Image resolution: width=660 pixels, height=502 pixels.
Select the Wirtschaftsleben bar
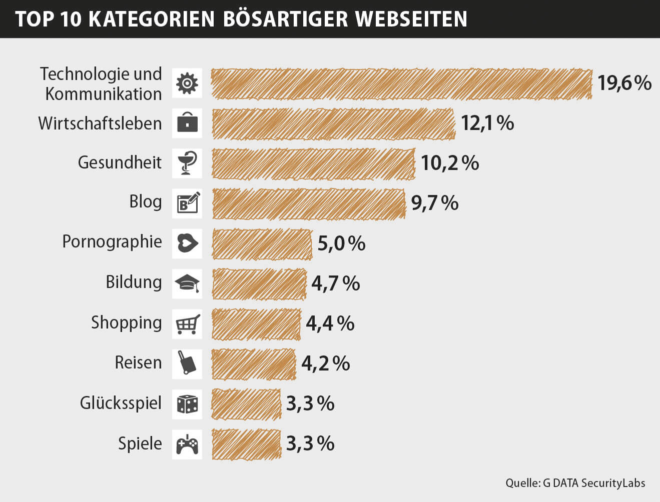coord(333,123)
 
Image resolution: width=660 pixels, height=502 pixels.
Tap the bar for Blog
coord(308,203)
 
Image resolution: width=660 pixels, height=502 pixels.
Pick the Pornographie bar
coord(262,244)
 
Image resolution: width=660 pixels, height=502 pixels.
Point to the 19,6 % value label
coord(624,83)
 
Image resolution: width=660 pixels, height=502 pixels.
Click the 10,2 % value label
coord(449,163)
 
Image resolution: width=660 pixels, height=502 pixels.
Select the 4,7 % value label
coord(335,283)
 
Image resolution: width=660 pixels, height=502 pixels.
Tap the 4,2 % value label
coord(325,363)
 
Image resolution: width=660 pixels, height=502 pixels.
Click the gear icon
coord(187,83)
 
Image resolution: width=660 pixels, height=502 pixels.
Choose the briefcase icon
coord(187,123)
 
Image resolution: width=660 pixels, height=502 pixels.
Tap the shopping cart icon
coord(187,324)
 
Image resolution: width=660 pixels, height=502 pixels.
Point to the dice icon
coord(187,404)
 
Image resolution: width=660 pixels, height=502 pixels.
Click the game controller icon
coord(187,444)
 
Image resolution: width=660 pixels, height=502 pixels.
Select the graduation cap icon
coord(187,283)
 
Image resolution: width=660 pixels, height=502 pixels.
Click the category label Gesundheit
coord(120,162)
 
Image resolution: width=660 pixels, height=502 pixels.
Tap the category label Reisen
coord(138,362)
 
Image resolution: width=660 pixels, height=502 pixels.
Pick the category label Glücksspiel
coord(121,403)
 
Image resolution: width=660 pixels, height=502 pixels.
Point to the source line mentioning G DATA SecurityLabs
coord(575,483)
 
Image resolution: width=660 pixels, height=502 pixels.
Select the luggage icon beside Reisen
coord(187,363)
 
